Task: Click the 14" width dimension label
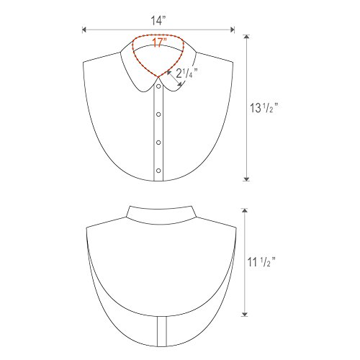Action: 158,20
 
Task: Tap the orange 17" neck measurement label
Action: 159,42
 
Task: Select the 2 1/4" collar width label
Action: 186,73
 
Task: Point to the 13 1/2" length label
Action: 264,108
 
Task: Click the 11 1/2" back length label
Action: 261,261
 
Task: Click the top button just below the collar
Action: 158,86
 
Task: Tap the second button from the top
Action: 158,114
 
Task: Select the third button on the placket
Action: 158,143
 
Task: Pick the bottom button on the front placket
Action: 158,171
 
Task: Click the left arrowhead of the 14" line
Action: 84,30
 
